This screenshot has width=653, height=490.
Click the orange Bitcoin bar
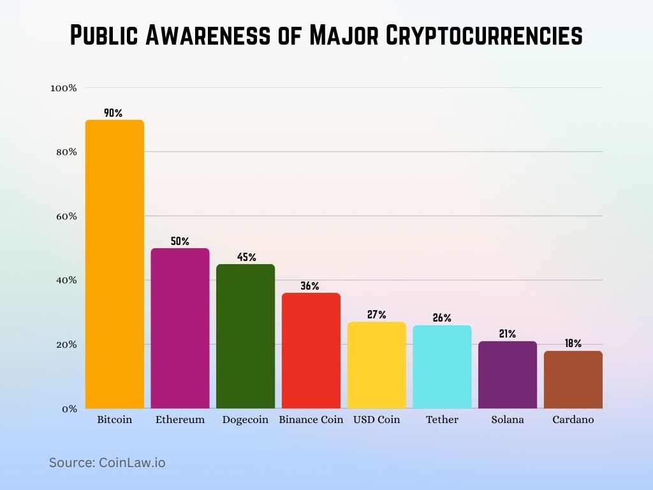click(x=115, y=264)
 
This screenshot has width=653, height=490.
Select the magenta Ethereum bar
click(x=180, y=328)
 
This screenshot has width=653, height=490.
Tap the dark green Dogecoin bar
click(x=246, y=336)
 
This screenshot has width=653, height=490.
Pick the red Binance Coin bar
click(x=311, y=350)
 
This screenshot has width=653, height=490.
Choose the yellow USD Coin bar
click(x=376, y=365)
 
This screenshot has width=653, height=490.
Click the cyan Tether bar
click(x=442, y=367)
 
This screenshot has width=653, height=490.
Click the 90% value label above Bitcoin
click(x=113, y=113)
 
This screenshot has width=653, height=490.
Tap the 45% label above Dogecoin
click(x=246, y=257)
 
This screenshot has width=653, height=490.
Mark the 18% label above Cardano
click(x=573, y=343)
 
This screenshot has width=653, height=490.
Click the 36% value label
click(x=310, y=286)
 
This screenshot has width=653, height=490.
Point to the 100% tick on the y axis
click(x=64, y=88)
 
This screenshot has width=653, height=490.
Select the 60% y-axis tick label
click(x=65, y=216)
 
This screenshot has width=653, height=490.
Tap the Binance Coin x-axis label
click(x=311, y=420)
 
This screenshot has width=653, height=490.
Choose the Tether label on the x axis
click(x=442, y=420)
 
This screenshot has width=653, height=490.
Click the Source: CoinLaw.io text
click(x=107, y=463)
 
